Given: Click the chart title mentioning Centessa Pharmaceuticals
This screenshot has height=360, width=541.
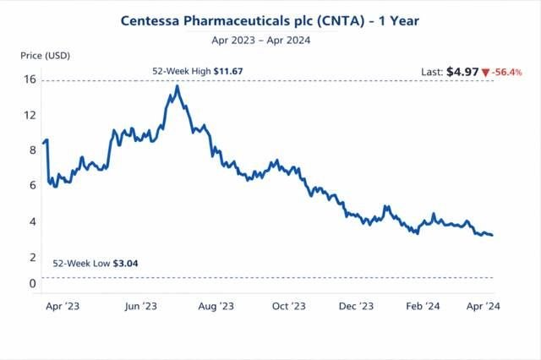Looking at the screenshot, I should tap(270, 19).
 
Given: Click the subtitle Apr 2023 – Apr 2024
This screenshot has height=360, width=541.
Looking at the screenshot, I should tap(270, 38).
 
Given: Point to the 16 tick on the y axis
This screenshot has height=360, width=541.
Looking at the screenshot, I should tap(30, 80).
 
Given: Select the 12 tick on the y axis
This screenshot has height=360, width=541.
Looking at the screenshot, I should tap(30, 114).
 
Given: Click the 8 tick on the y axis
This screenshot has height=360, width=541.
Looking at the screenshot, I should tap(32, 150).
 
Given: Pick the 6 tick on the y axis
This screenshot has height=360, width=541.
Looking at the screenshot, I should tap(32, 185).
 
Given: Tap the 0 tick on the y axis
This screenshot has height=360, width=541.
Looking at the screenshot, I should tap(32, 283).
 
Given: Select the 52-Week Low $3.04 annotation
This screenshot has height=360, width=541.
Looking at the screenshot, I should tap(96, 264).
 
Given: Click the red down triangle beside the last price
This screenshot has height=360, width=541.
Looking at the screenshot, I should tap(485, 73).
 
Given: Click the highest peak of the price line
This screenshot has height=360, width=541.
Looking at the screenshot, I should tap(177, 85).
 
